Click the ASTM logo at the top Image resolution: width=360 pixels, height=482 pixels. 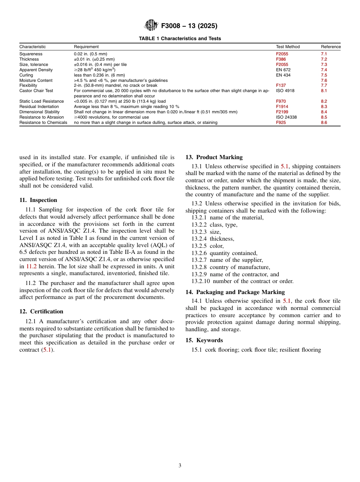[x=151, y=26]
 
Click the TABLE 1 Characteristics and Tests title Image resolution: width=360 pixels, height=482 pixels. [x=180, y=39]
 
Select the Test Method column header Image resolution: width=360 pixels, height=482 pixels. [x=288, y=47]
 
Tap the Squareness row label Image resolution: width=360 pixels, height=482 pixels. [x=31, y=54]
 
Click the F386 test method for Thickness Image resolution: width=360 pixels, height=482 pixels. [x=281, y=59]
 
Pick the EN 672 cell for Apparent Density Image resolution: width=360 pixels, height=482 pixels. [x=283, y=70]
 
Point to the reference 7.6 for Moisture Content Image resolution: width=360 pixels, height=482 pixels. [x=324, y=80]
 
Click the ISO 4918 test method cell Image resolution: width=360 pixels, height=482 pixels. [x=285, y=91]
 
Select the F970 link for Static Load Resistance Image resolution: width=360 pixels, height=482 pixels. [x=281, y=102]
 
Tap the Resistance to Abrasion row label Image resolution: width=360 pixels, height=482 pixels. [x=42, y=117]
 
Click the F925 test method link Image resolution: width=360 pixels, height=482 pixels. [x=281, y=123]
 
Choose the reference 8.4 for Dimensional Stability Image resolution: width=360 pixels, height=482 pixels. [x=324, y=112]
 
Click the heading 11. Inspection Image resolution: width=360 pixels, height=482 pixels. [x=38, y=200]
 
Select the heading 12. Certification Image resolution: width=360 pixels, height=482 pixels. [x=41, y=311]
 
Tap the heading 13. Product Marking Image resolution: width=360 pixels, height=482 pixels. [x=214, y=157]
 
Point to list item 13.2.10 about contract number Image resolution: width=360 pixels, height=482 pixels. [x=242, y=281]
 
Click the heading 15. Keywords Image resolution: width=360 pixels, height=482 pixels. [x=204, y=340]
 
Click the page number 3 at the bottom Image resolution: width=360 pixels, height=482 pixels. [x=180, y=466]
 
